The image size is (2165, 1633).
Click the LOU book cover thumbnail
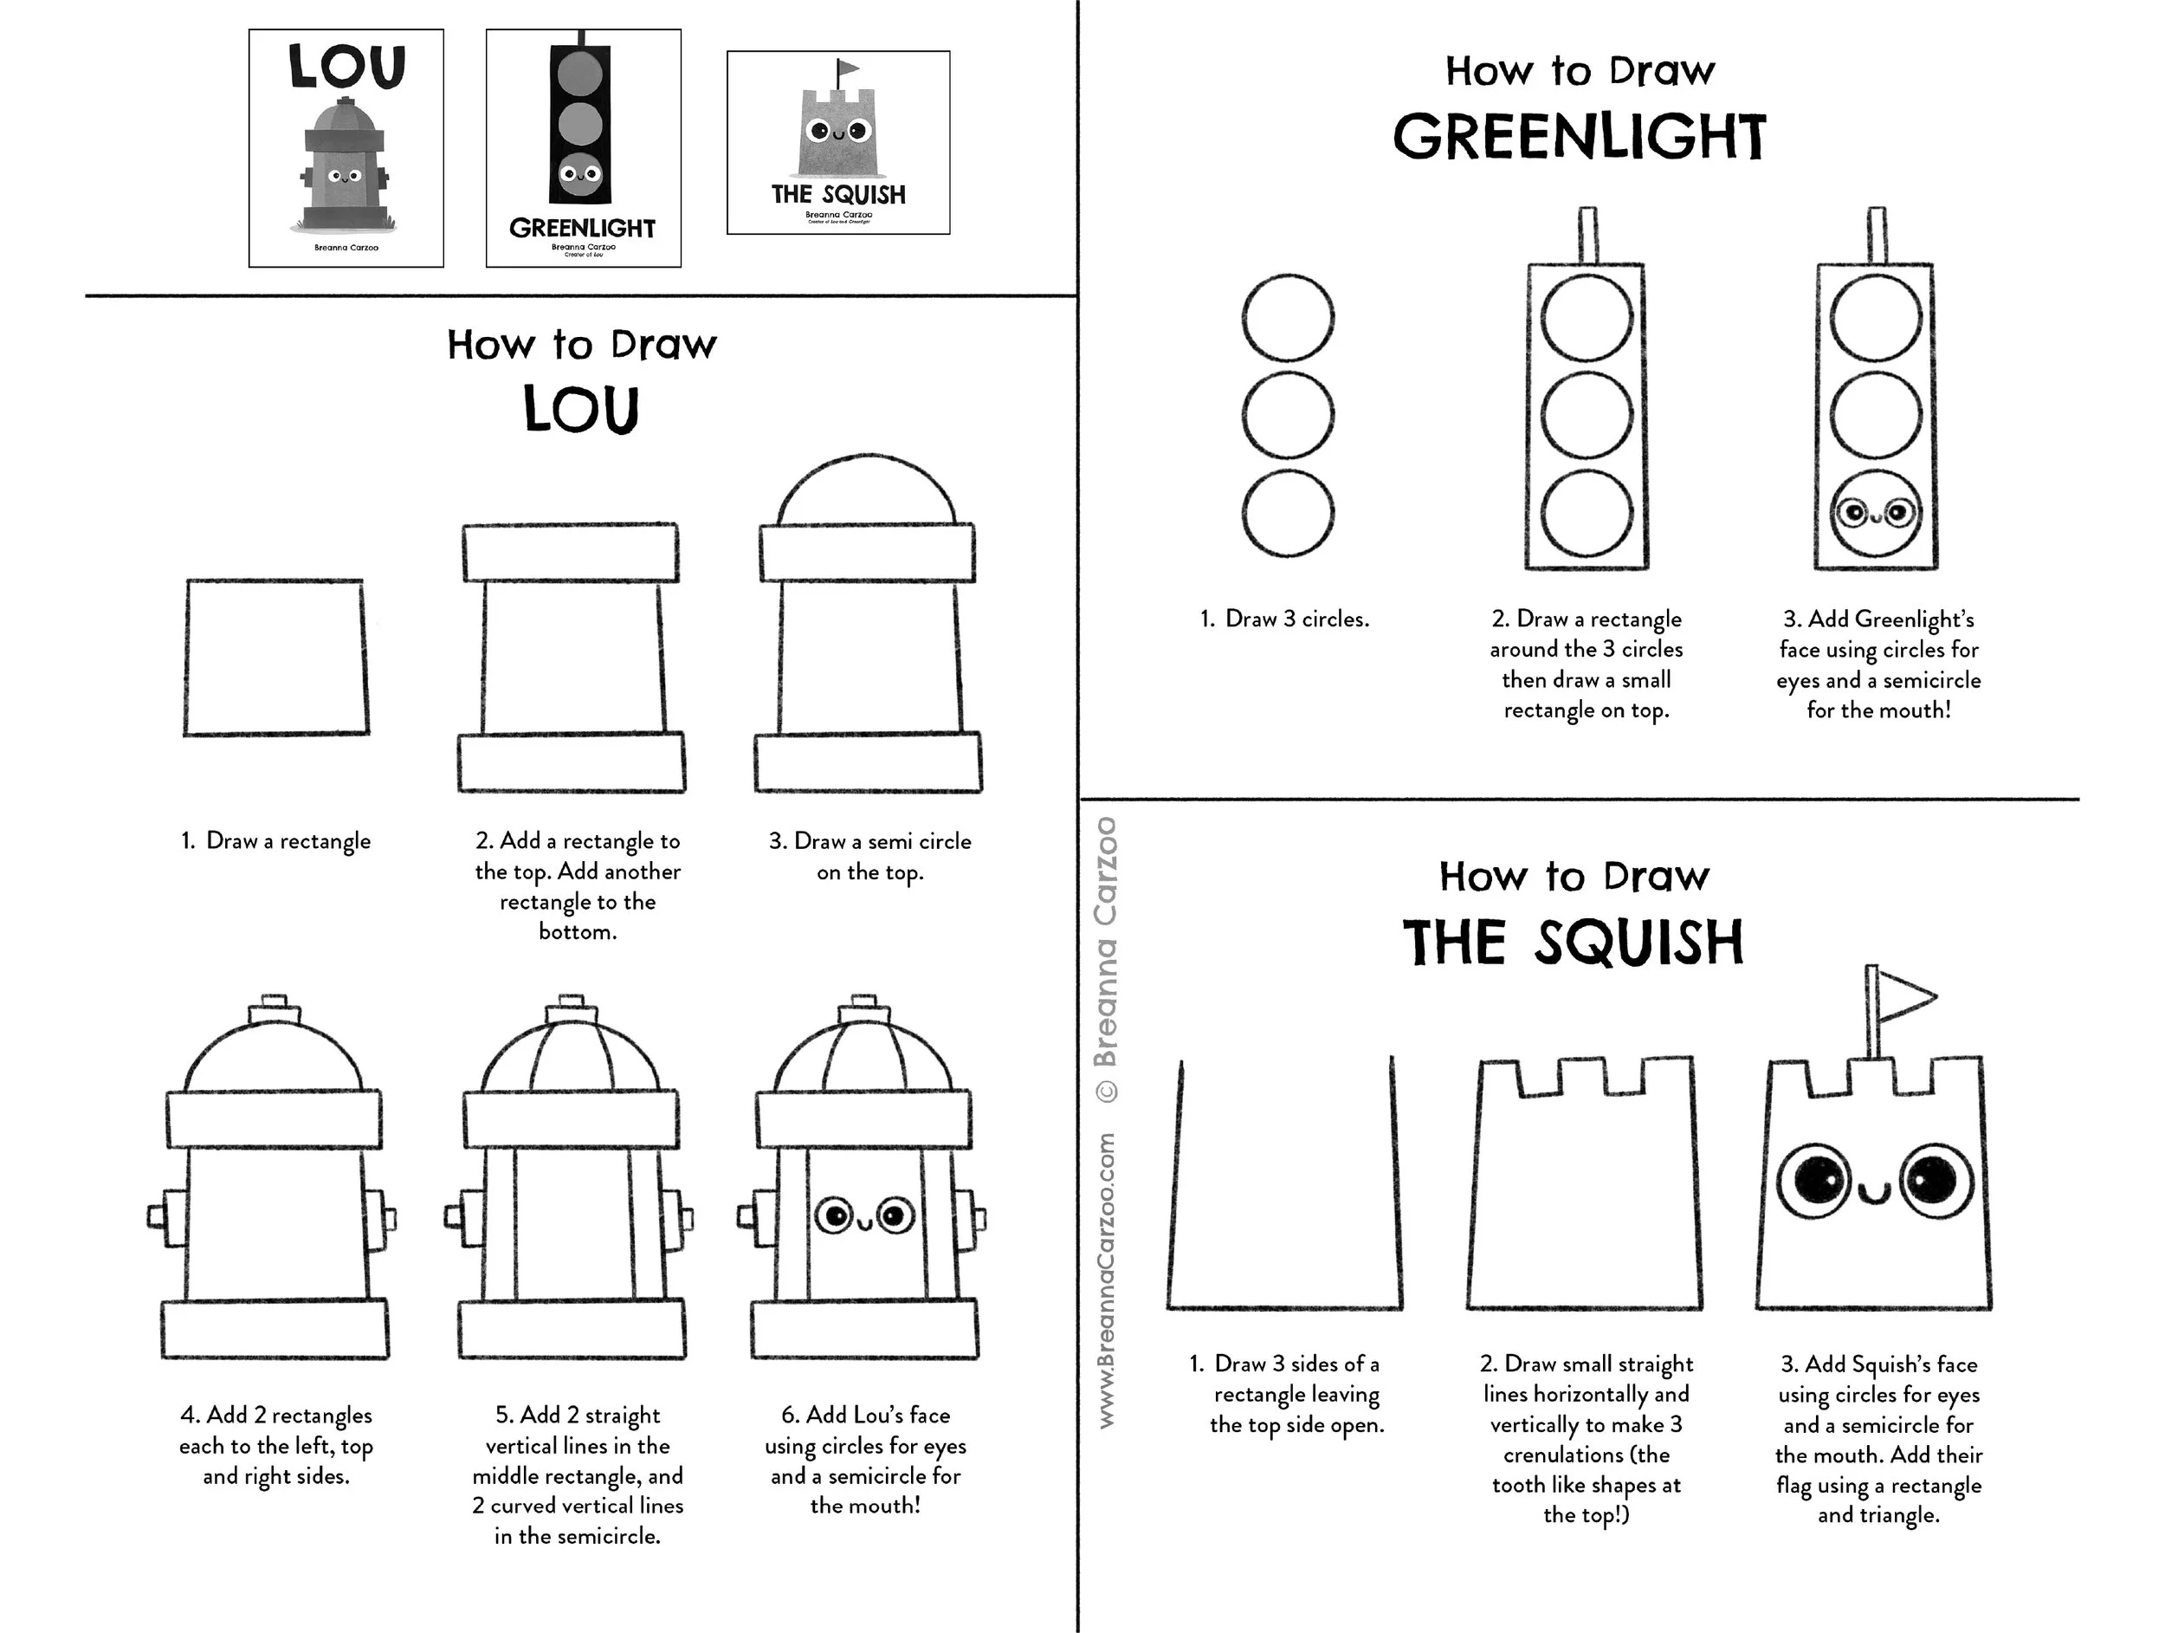[346, 148]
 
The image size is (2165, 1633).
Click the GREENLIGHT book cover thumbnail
[584, 148]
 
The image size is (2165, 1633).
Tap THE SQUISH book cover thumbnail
[837, 143]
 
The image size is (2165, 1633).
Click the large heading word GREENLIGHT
[1579, 137]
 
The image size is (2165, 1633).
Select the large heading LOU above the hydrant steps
[581, 409]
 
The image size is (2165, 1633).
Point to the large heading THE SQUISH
[1573, 943]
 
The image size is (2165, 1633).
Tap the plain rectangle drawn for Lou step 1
[276, 657]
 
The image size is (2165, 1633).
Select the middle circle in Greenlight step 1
[1287, 414]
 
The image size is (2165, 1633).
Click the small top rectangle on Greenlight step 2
[1587, 235]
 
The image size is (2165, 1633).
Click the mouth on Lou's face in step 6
[865, 1222]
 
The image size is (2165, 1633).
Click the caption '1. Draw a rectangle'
[276, 841]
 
